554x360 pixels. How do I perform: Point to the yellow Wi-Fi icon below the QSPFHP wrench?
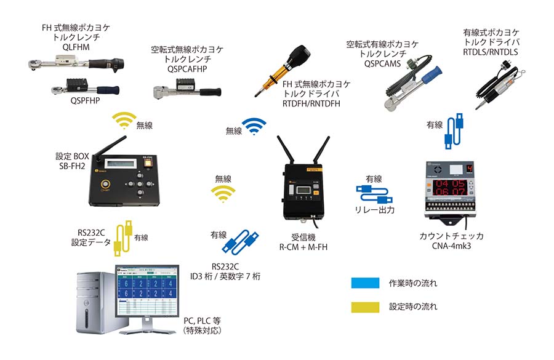[125, 121]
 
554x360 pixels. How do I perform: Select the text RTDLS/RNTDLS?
[490, 52]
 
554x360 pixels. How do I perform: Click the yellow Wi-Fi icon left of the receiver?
[222, 195]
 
